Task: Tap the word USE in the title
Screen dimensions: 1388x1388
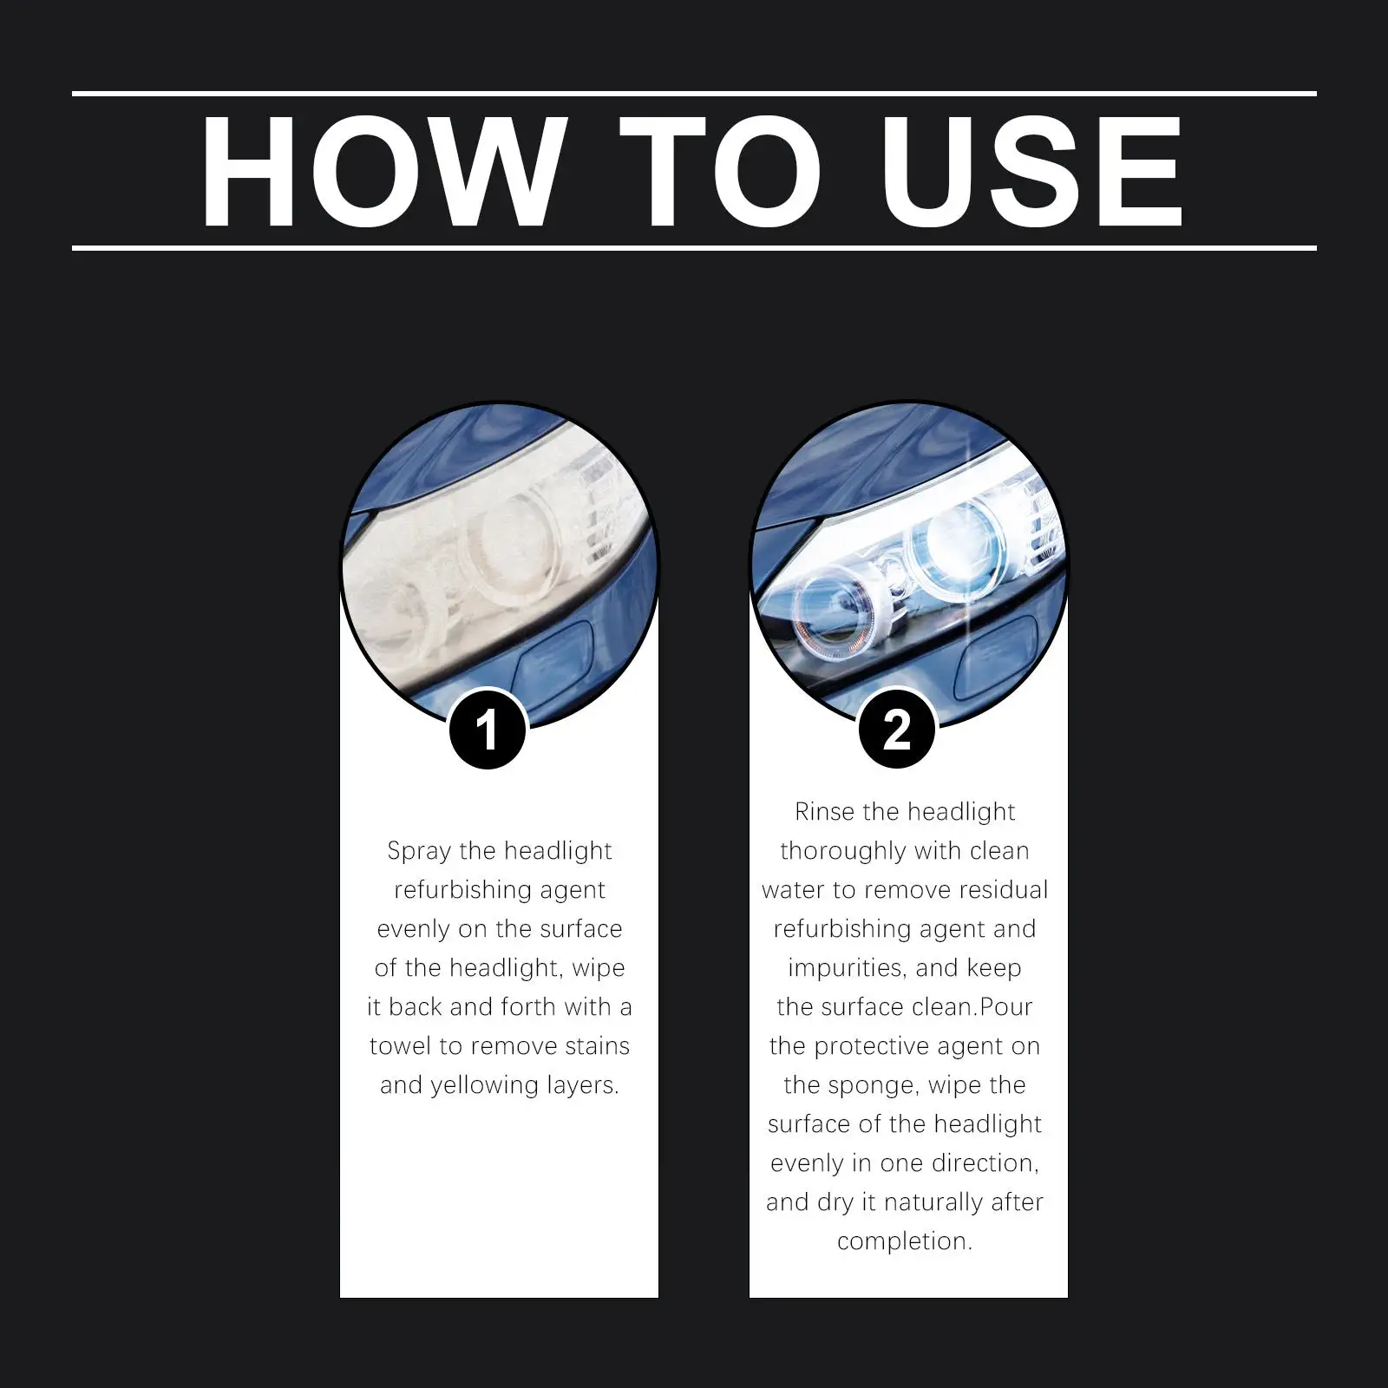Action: (x=1031, y=171)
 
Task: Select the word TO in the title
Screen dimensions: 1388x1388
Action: (x=720, y=171)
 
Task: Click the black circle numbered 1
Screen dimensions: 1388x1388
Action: (x=488, y=730)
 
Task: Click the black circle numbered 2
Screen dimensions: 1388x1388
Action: (x=897, y=730)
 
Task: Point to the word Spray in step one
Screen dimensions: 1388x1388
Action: (x=419, y=851)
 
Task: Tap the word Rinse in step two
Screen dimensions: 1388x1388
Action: (x=824, y=812)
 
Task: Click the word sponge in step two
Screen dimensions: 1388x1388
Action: (x=870, y=1086)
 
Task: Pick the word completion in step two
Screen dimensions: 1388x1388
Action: (x=904, y=1241)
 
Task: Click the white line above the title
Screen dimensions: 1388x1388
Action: (x=694, y=93)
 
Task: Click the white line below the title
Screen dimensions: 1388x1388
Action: (x=694, y=248)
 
